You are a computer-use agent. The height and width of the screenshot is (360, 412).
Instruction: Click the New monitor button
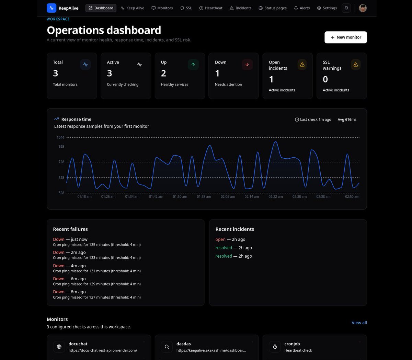click(345, 37)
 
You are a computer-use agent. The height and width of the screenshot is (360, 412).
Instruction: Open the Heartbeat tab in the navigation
click(211, 8)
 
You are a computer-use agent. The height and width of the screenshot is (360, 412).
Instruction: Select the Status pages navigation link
click(273, 8)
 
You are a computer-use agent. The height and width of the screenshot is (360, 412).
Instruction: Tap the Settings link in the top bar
click(327, 8)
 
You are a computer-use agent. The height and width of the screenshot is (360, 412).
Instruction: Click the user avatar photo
click(363, 8)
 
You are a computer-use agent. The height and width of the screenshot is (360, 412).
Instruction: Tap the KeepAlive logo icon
click(51, 8)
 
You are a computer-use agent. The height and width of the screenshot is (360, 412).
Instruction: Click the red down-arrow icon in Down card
click(247, 65)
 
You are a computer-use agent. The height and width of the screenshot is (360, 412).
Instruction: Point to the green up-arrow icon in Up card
click(193, 65)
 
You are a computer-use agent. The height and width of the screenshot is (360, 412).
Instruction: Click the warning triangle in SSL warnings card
click(356, 65)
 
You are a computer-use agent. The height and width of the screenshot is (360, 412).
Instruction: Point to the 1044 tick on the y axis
click(60, 138)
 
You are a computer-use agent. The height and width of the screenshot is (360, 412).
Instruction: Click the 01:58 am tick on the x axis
click(204, 196)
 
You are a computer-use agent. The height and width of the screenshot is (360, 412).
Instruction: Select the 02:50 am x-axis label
click(352, 196)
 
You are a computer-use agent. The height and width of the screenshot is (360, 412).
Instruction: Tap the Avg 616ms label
click(347, 120)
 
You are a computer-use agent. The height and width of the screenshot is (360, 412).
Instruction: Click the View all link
click(359, 323)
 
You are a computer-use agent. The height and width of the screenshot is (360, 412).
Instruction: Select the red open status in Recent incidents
click(220, 239)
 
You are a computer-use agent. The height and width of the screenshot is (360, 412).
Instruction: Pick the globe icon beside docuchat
click(59, 347)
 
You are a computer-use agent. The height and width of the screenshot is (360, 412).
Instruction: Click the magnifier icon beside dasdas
click(167, 347)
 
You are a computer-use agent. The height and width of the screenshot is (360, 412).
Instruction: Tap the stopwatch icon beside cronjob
click(275, 347)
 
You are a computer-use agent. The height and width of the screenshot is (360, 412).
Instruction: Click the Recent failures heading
click(70, 229)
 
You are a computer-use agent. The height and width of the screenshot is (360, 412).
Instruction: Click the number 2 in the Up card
click(163, 73)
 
